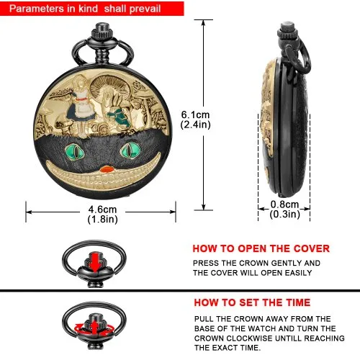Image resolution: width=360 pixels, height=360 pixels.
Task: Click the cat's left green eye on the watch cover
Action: coord(75,151)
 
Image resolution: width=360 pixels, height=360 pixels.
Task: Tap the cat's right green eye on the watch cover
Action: coord(130,150)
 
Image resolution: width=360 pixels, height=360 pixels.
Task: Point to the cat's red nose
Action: coord(107,169)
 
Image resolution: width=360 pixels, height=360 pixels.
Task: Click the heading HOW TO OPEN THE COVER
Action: coord(261,248)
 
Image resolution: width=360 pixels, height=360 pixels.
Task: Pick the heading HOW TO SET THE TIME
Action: coord(252,302)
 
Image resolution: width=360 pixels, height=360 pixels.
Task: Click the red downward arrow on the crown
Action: coord(95,262)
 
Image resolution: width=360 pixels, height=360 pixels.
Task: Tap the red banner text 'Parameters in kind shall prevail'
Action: coord(85,9)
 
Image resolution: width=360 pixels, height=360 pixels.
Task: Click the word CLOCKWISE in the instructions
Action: coord(250,338)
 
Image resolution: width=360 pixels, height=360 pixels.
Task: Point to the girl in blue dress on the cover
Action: coord(81,106)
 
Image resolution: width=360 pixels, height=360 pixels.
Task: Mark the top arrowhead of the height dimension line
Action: coord(204,23)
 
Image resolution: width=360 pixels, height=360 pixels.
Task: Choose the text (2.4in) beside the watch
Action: coord(195,125)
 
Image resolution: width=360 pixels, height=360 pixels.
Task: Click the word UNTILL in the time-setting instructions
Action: coord(289,338)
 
